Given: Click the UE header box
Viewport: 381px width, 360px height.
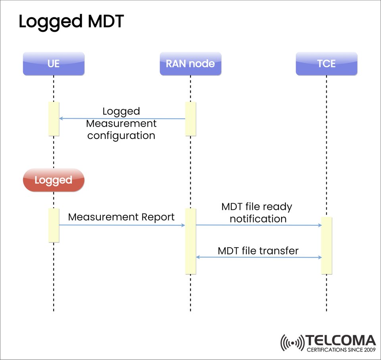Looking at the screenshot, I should point(54,64).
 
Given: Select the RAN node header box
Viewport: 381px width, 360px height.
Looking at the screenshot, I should point(190,64).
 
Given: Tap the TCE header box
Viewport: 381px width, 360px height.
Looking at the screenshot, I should point(326,64).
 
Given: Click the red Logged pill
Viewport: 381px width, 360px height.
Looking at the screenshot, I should point(54,180).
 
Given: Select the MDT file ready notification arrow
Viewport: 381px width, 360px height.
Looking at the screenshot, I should point(258,225).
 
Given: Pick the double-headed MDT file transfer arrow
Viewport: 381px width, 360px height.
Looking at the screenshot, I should point(258,257).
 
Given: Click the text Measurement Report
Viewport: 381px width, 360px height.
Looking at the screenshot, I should point(121,217).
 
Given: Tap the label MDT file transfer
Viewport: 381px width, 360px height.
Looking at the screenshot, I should point(258,251).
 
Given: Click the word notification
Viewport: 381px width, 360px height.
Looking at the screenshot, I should point(258,219).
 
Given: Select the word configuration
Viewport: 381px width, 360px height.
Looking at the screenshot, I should point(121,135).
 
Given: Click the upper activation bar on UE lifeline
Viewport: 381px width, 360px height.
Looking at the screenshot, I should point(54,119).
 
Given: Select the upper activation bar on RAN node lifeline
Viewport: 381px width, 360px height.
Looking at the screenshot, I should point(190,119).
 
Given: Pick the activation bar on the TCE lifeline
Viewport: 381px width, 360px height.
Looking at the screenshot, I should point(326,245).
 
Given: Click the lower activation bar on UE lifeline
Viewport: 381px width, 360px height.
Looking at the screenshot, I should point(54,225).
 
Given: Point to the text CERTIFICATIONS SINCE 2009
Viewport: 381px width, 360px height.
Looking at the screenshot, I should point(341,350).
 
